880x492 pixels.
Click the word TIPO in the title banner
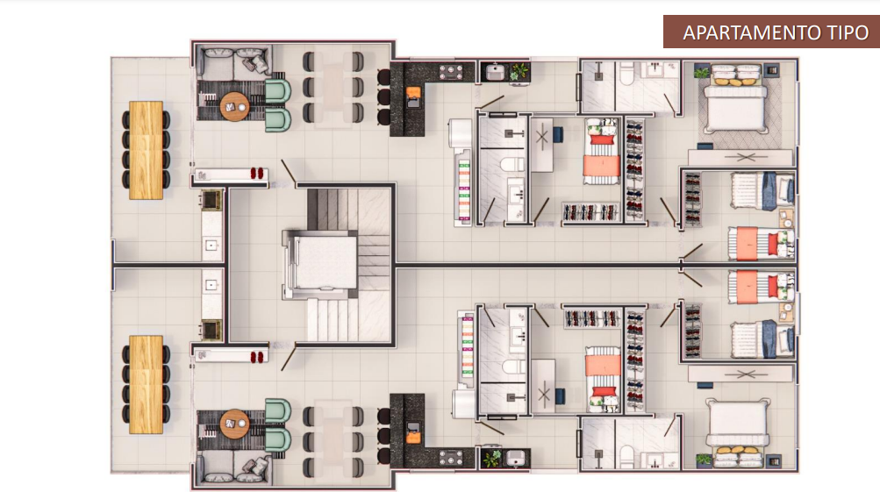848,32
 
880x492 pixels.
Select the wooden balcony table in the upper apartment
146,150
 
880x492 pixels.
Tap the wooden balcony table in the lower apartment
146,384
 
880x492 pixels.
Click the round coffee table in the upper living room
234,107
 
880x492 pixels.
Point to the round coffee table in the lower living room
234,424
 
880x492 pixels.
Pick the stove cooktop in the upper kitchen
451,72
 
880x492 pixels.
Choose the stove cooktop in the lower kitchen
451,458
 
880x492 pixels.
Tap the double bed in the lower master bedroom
738,432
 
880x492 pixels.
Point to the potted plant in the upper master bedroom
702,72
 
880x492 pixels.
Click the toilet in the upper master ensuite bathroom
627,74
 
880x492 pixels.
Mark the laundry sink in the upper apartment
495,73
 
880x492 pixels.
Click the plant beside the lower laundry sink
492,458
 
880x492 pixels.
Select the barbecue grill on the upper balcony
211,199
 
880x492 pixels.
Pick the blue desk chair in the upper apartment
558,135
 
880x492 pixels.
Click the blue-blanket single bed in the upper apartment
762,191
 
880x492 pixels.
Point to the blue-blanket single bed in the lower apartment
762,339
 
